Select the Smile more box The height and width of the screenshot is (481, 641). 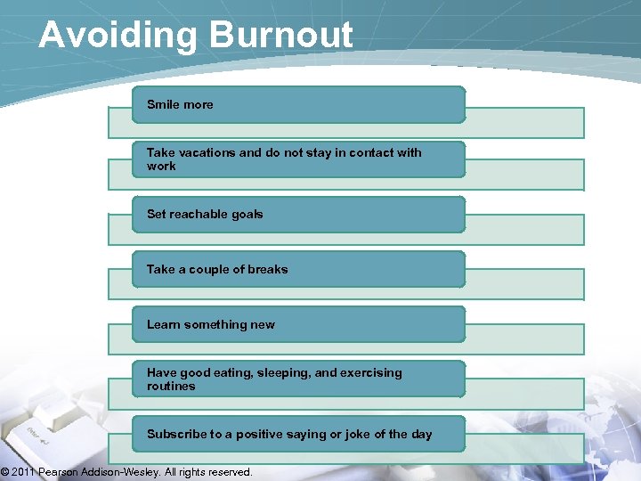pos(298,105)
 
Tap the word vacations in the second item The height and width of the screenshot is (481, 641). pos(206,152)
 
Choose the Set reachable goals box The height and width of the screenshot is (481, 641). pos(298,215)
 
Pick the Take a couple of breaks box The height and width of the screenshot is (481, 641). pos(298,269)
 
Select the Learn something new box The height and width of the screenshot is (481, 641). pos(298,324)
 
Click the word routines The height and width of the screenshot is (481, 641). pos(171,387)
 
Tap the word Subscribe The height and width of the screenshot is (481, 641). pos(176,434)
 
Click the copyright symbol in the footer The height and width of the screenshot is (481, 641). pos(4,472)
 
